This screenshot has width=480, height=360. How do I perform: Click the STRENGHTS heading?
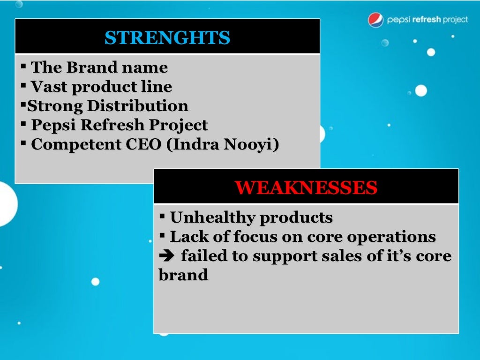coord(167,38)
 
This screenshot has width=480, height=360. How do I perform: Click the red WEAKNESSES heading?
coord(306,187)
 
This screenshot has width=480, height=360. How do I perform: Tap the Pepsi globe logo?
coord(375,20)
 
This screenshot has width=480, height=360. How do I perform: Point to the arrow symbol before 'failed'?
coord(166,256)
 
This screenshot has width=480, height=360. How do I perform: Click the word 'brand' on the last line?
coord(183,275)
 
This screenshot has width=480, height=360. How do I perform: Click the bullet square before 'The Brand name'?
coord(23,66)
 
